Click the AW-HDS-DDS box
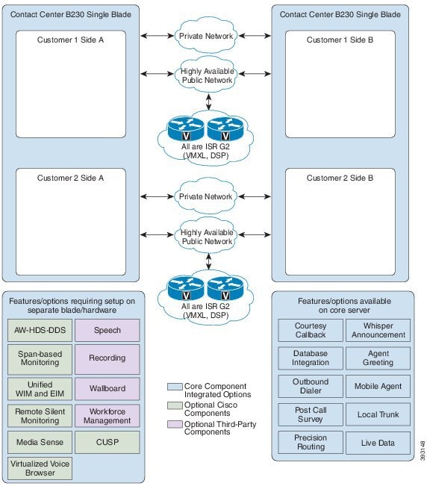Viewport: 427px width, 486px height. tap(40, 330)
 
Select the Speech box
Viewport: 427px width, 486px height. tap(107, 330)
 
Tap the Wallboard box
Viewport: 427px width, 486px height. tap(107, 389)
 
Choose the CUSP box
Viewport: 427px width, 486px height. tap(107, 442)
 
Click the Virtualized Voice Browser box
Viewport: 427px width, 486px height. tap(40, 468)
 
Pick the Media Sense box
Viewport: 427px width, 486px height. tap(40, 442)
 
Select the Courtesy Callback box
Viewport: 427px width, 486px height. tap(311, 331)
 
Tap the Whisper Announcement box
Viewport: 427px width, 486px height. tap(378, 331)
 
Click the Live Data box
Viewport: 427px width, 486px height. tap(378, 443)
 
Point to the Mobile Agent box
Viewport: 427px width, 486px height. tap(378, 386)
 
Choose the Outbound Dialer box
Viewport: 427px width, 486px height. tap(311, 386)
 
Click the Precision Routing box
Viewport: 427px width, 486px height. tap(311, 442)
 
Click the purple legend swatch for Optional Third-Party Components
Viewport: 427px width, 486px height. tap(175, 424)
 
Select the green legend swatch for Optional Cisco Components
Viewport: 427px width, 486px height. tap(175, 405)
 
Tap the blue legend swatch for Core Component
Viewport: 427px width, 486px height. tap(175, 387)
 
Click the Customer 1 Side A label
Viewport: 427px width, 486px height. tap(71, 40)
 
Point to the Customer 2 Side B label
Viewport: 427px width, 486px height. tap(340, 178)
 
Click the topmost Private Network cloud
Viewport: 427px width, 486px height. tap(206, 35)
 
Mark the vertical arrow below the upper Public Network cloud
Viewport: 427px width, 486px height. tap(208, 102)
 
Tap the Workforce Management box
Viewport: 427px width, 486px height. tap(107, 416)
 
